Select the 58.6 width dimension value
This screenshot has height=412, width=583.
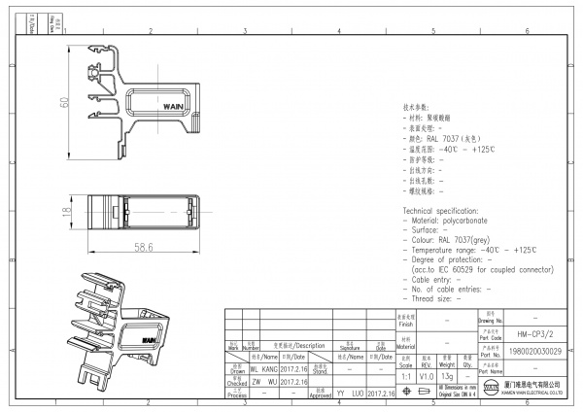pos(144,247)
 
